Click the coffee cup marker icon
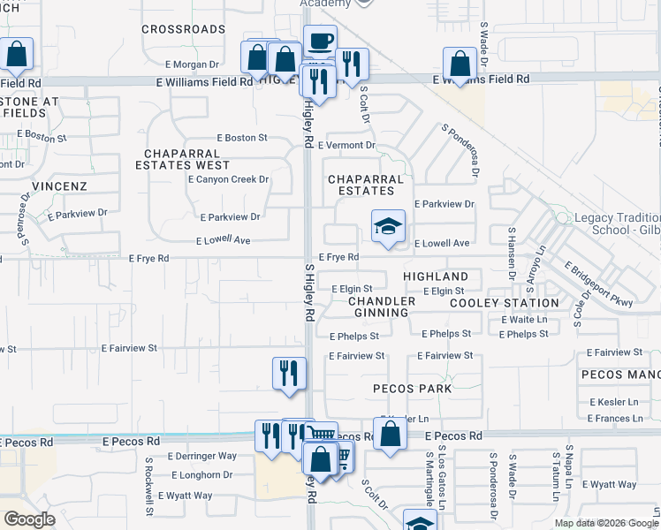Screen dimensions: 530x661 point(320,41)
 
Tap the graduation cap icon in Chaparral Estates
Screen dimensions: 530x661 point(388,227)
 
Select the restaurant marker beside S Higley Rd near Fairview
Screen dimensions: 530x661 point(289,374)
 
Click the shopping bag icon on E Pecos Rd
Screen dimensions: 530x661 point(390,435)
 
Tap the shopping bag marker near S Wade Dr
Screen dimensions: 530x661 point(460,64)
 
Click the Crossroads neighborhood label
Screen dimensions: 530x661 point(184,29)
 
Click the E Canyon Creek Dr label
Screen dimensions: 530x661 point(228,179)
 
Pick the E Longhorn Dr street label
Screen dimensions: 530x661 point(201,474)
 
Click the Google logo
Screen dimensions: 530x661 point(30,519)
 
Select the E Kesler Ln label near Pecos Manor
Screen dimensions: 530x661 point(613,402)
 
